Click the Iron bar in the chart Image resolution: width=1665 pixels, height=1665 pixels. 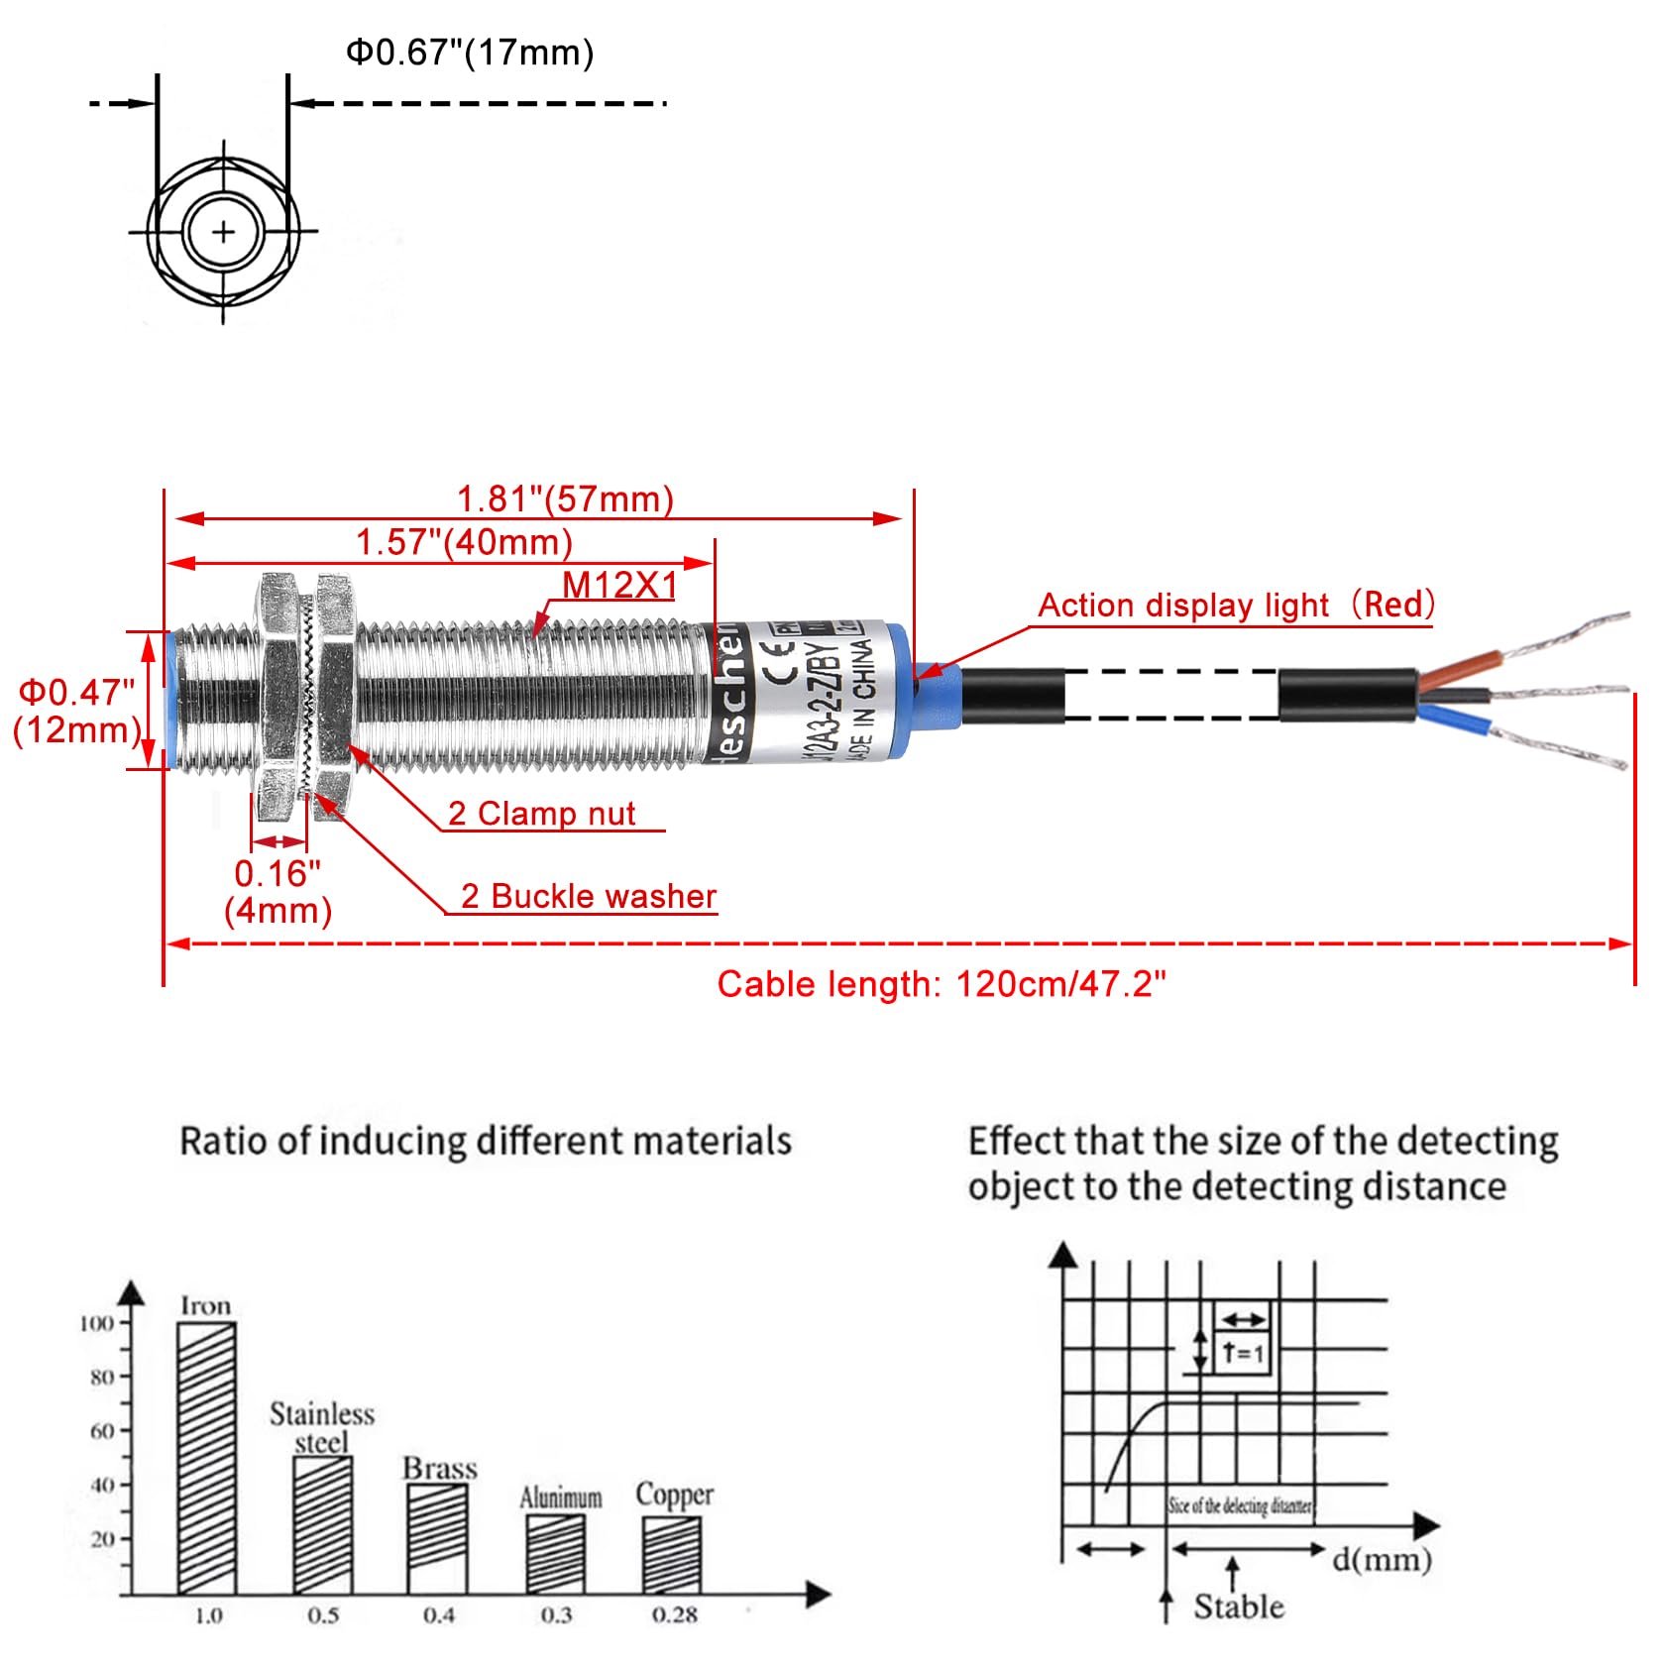[206, 1457]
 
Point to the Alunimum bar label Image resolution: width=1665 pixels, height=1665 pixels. [561, 1497]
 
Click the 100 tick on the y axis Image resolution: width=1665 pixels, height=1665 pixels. [97, 1323]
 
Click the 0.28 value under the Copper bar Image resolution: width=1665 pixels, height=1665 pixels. [674, 1615]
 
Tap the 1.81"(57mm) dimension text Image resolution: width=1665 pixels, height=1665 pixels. [565, 499]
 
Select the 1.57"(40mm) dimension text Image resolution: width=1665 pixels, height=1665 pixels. [464, 542]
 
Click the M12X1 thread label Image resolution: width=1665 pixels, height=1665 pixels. [619, 585]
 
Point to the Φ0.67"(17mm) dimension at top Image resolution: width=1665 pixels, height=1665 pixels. [470, 53]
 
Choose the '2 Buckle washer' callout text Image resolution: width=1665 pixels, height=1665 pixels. [589, 896]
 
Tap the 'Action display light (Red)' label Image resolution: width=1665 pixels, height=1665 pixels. [1236, 605]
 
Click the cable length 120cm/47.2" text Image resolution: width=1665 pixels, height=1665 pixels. [942, 984]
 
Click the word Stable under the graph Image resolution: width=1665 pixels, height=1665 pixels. [1239, 1606]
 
